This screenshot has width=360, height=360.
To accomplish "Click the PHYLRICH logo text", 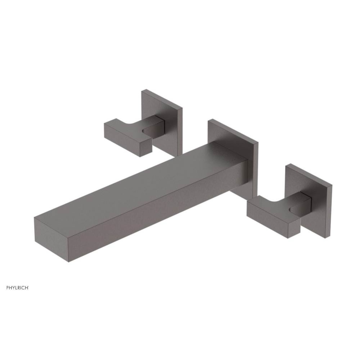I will pyautogui.click(x=17, y=288).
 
